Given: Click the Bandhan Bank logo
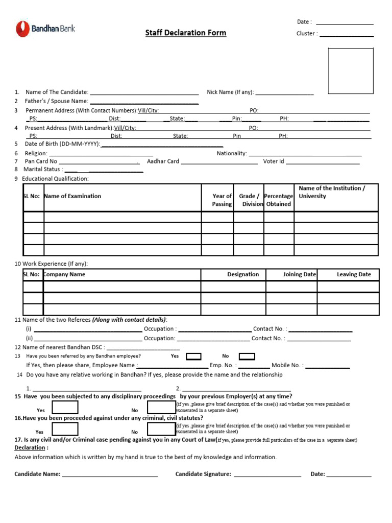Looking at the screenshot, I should (45, 29).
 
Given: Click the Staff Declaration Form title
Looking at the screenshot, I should (185, 33).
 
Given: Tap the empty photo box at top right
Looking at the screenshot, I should (350, 70).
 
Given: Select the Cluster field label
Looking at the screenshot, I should (307, 34).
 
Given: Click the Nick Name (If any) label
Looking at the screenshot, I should (230, 92).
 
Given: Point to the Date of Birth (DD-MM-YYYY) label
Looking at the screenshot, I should (63, 144).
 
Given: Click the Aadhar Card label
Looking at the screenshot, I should (163, 161).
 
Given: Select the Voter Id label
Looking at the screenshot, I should (274, 161).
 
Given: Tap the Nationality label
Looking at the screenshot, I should (232, 153).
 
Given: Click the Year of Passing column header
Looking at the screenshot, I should (222, 200).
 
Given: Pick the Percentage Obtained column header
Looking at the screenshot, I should (279, 200).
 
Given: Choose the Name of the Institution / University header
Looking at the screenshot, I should (332, 192).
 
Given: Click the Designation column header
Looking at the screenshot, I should (243, 274).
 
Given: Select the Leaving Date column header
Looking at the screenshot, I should (354, 274).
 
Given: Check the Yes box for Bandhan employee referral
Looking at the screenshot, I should (193, 356).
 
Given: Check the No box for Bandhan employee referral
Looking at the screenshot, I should (247, 356).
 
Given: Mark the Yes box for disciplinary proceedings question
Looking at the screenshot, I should (65, 407).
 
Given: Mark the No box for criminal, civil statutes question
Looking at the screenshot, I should (161, 429).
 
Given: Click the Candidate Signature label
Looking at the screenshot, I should (203, 474).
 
